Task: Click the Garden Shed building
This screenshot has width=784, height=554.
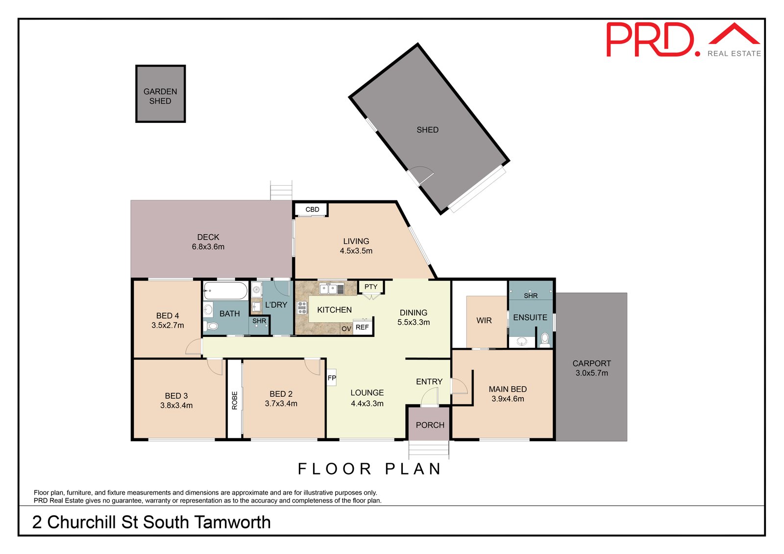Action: [160, 94]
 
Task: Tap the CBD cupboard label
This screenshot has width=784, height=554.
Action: [312, 210]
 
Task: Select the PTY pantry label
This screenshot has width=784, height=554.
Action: [371, 287]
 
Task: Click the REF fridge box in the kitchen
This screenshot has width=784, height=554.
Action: [362, 327]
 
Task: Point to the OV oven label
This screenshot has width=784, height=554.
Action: [346, 329]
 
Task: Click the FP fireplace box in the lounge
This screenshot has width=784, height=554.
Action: [332, 378]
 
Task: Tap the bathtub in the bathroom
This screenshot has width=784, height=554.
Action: [225, 290]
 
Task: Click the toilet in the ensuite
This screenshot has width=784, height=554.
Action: [544, 338]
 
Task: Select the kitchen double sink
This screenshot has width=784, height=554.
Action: [332, 289]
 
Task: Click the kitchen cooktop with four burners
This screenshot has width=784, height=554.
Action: [302, 308]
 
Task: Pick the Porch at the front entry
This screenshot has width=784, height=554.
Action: [430, 424]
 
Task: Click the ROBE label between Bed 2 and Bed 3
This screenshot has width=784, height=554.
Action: [235, 400]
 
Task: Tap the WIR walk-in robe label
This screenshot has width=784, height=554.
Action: [484, 320]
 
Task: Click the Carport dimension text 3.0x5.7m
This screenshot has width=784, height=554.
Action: [591, 373]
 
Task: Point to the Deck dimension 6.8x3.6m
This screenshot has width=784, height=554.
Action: [208, 247]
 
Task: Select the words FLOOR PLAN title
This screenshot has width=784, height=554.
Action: [370, 469]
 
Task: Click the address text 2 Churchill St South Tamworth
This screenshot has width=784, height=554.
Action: [151, 523]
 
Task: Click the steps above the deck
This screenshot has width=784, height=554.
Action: [281, 190]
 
